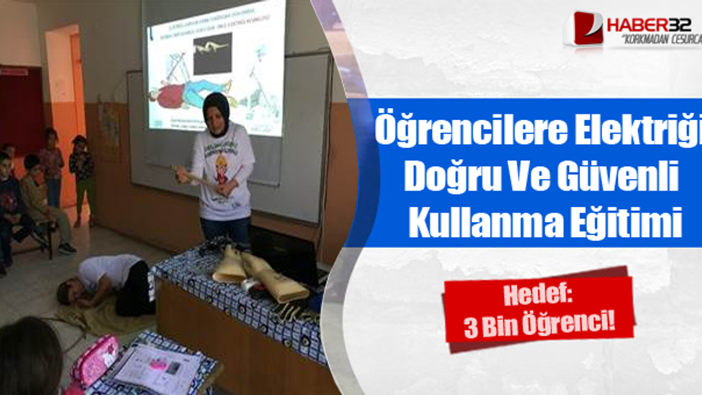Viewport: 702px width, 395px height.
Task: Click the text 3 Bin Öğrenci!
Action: (539, 328)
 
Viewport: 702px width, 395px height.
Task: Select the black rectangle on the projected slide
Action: (213, 54)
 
